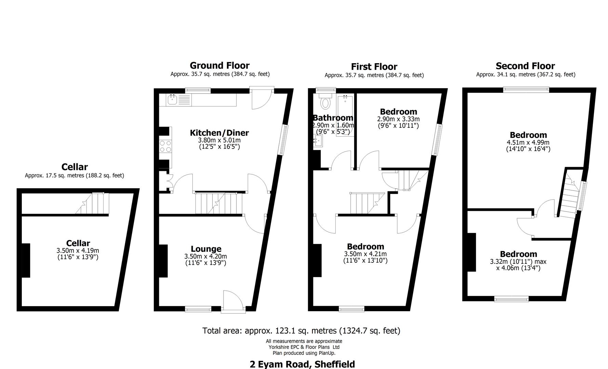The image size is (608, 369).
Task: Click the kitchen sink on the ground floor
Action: pos(172,100)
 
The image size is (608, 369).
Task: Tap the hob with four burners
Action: pos(165,147)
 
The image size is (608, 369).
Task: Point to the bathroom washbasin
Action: pos(318,140)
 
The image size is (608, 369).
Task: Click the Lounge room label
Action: pos(206,249)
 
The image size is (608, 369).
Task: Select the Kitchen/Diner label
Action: pos(219,133)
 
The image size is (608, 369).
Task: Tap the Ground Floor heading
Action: pos(219,65)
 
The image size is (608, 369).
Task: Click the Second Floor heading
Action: pos(525,66)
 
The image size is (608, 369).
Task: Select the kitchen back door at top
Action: pos(261,98)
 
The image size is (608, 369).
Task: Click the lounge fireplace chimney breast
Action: pos(163,261)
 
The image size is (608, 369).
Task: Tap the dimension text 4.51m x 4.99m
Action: pos(528,142)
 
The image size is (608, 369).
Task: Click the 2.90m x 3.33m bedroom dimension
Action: pos(398,119)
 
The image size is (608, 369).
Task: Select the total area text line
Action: pos(301,330)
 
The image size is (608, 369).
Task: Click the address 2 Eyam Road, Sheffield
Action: pos(302,364)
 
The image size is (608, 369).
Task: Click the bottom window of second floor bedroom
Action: pos(511,299)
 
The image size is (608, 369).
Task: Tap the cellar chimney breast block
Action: pos(26,260)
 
